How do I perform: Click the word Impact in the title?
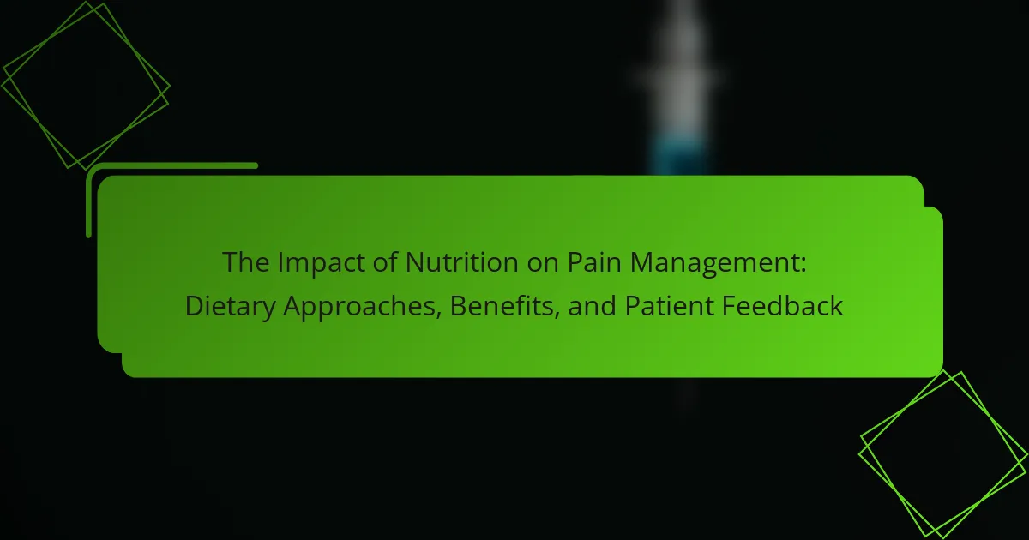320,263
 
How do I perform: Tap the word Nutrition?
461,262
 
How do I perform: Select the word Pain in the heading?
594,262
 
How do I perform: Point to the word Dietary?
230,307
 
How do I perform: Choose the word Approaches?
359,307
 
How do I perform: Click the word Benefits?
502,305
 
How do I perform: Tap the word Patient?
670,305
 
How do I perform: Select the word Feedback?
782,305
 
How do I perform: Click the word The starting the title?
246,262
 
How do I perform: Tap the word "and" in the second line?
593,306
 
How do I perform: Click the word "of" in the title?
384,262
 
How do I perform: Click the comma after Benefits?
557,316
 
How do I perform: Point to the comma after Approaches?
439,316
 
